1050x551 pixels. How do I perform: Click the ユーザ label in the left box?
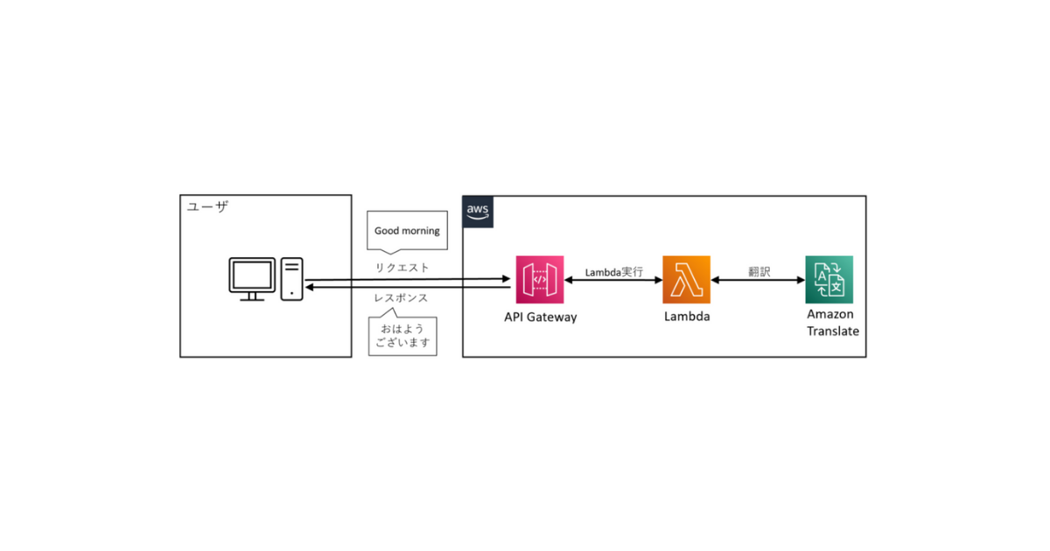207,206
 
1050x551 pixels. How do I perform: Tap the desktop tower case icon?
292,279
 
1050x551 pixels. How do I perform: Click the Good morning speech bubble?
407,231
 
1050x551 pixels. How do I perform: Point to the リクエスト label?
402,268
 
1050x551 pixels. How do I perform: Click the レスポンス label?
401,298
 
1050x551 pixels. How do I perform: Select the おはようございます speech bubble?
403,336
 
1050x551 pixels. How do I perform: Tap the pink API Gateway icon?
539,279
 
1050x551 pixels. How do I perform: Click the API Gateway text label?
540,317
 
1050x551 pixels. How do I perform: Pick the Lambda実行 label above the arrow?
613,272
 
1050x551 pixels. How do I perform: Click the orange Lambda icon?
686,279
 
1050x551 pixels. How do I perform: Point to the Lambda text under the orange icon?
686,317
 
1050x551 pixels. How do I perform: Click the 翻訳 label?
759,272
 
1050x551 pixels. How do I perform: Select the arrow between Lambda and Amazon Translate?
758,281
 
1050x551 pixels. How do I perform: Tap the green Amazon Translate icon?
829,279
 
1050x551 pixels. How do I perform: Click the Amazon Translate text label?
832,323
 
